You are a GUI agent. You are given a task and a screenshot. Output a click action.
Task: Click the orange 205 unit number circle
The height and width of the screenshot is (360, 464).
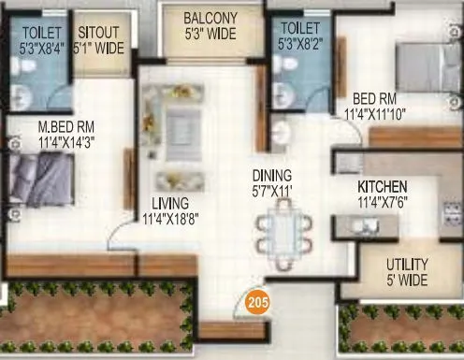[x=255, y=303]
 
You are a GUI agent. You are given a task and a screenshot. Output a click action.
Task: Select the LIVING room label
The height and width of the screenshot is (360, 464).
[x=171, y=203]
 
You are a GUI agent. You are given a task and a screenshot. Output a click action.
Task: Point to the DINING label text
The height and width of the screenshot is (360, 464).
[x=272, y=176]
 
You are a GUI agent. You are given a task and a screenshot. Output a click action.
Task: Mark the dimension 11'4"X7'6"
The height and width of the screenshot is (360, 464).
[x=383, y=201]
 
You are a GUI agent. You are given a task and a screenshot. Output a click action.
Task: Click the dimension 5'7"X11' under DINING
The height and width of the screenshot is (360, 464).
[x=272, y=191]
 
